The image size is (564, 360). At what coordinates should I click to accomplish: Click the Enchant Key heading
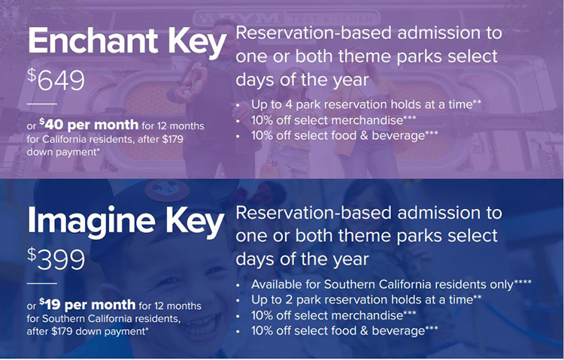[127, 42]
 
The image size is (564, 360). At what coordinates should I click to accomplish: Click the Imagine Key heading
[126, 222]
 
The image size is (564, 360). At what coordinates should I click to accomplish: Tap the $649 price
[56, 80]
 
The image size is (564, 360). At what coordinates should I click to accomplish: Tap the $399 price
[56, 259]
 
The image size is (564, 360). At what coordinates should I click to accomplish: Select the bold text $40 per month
[89, 125]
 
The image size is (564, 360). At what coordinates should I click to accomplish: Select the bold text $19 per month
[87, 304]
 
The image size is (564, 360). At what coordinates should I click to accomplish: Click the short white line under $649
[41, 104]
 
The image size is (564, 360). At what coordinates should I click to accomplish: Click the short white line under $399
[41, 284]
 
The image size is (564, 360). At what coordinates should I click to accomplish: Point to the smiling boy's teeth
[202, 325]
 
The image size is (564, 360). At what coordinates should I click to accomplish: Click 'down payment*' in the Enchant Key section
[63, 152]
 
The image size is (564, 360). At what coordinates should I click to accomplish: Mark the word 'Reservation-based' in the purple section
[314, 33]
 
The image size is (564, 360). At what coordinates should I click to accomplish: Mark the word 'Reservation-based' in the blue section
[314, 213]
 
